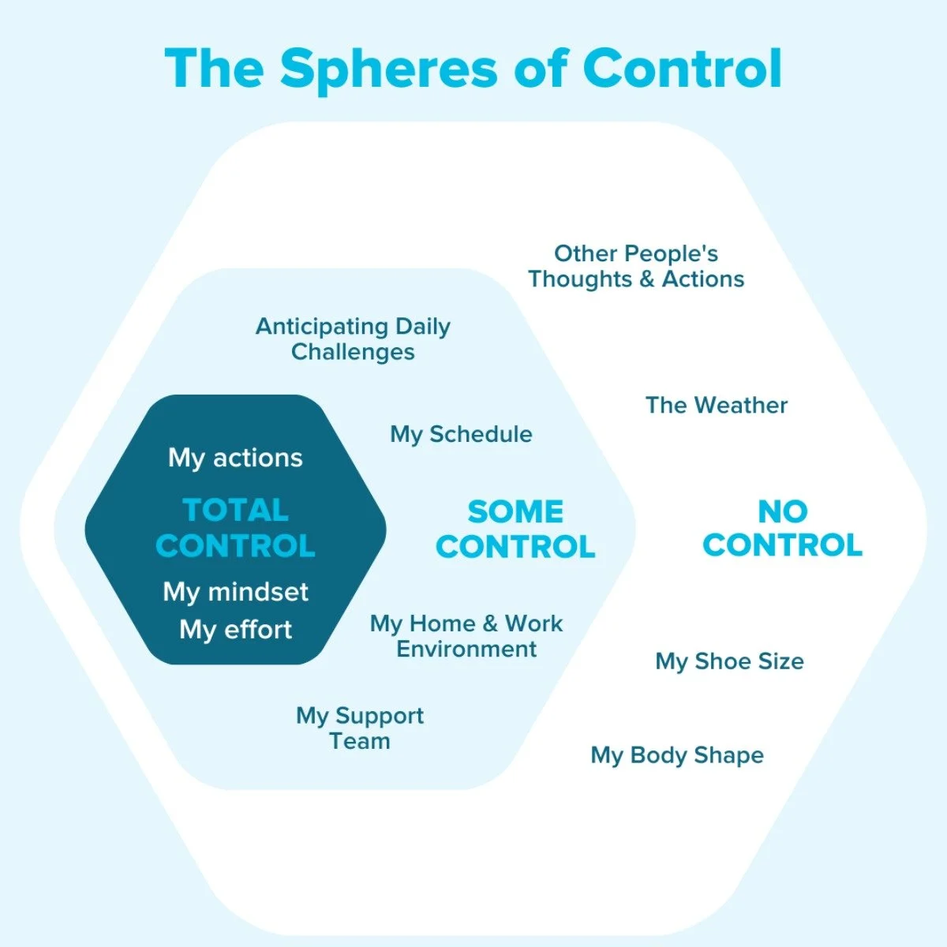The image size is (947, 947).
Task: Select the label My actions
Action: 235,458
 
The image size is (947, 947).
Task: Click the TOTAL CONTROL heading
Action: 235,528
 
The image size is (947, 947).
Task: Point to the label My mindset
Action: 235,592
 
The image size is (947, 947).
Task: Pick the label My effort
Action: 235,630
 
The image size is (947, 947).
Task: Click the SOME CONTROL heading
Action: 515,529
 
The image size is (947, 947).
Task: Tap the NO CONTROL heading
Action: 782,528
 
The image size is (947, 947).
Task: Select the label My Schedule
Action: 461,434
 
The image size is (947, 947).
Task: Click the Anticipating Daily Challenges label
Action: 353,339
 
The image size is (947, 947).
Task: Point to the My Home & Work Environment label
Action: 466,636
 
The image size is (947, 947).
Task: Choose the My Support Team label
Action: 360,728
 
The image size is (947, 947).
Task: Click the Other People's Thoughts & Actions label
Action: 636,266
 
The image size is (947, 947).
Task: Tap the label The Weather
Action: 717,406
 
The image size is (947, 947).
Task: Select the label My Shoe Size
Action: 729,661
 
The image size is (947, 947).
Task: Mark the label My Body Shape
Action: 677,755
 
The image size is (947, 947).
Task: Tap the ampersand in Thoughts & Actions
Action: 647,279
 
